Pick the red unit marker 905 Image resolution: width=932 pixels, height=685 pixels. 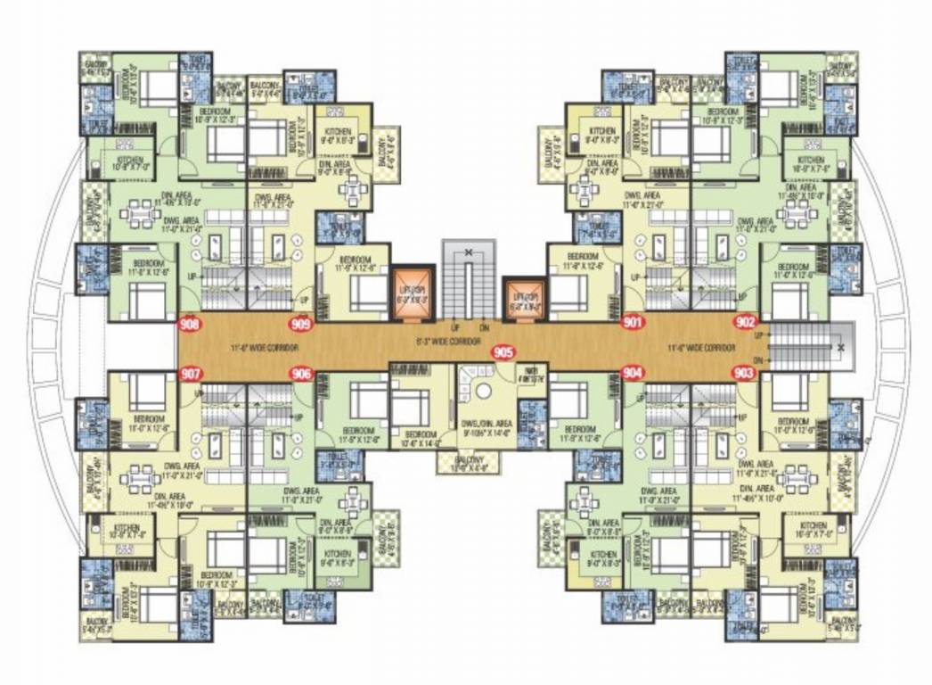(x=503, y=352)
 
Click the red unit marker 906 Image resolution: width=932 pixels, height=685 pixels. (x=301, y=374)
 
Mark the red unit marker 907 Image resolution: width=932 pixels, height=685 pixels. (x=190, y=374)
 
